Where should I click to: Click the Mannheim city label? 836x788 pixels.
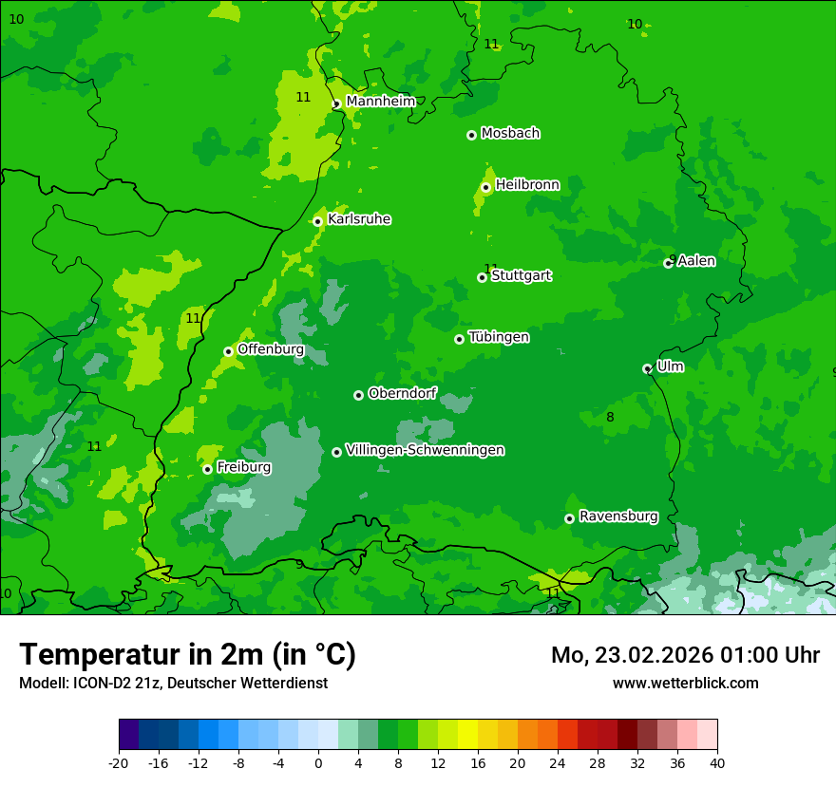(x=380, y=102)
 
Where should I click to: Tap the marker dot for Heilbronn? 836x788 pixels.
(x=485, y=187)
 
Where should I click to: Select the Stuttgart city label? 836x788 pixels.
(x=521, y=276)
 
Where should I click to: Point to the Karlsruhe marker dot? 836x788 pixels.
(x=317, y=221)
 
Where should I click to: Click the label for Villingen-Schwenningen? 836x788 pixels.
(x=425, y=450)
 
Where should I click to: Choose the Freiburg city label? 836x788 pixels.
(x=243, y=467)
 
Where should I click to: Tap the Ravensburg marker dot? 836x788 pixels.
(x=569, y=518)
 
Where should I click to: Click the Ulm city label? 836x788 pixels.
(x=670, y=366)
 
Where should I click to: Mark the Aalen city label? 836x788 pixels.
(x=696, y=261)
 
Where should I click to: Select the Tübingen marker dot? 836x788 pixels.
(x=459, y=339)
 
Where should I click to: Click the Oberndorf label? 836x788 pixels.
(x=402, y=393)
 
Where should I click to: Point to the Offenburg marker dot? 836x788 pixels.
(x=228, y=351)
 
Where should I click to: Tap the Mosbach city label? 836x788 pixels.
(x=510, y=134)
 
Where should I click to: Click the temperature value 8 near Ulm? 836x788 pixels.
(x=610, y=417)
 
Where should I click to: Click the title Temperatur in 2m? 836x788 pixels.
(x=187, y=655)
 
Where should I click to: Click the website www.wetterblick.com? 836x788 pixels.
(x=685, y=684)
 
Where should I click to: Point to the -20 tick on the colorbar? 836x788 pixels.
(x=119, y=762)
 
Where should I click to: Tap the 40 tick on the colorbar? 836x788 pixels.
(x=716, y=762)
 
